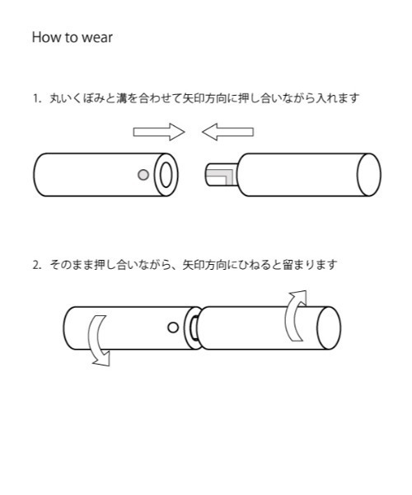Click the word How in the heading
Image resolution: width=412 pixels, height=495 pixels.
(x=44, y=38)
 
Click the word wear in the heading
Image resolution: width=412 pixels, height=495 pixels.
(x=96, y=39)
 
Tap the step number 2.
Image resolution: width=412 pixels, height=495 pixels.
(x=35, y=265)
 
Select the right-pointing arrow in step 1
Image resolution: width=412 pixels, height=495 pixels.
(x=159, y=131)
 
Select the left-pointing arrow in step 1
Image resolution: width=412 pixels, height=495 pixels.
(x=227, y=131)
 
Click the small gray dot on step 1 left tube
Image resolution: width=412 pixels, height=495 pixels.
(x=143, y=174)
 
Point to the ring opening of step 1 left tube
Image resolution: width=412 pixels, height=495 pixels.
(x=166, y=174)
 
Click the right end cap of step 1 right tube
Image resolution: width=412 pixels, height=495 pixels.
(x=368, y=174)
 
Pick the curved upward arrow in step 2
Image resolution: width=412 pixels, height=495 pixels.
(x=295, y=315)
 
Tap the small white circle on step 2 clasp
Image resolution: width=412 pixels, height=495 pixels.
(x=172, y=327)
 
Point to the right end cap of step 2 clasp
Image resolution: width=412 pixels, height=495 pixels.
(x=329, y=326)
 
